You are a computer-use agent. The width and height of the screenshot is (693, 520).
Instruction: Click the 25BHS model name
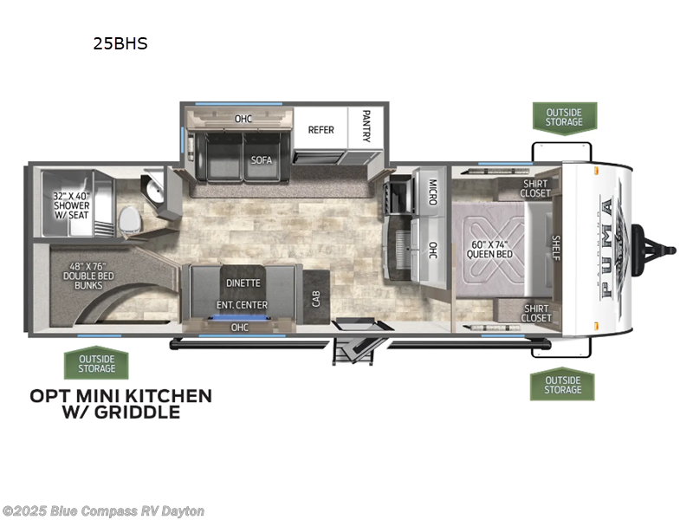pyautogui.click(x=120, y=43)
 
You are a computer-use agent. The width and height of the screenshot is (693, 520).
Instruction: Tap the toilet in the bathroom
pyautogui.click(x=129, y=220)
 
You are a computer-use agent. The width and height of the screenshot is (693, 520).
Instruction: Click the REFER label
pyautogui.click(x=321, y=130)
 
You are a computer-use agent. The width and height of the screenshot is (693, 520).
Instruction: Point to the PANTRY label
pyautogui.click(x=366, y=126)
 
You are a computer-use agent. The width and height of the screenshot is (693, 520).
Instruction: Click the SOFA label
pyautogui.click(x=262, y=159)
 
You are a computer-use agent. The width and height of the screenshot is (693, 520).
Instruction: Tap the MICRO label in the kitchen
pyautogui.click(x=432, y=192)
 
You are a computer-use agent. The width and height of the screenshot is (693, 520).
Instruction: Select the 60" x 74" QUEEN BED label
pyautogui.click(x=489, y=250)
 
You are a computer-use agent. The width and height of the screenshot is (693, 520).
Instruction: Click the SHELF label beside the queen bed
pyautogui.click(x=556, y=248)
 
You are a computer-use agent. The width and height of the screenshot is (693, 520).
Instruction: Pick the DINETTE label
pyautogui.click(x=243, y=283)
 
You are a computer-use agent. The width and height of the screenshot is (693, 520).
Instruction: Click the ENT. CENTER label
pyautogui.click(x=242, y=305)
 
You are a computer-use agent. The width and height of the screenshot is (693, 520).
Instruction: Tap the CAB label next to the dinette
pyautogui.click(x=316, y=298)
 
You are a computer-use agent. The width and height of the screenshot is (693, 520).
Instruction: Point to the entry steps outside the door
pyautogui.click(x=353, y=351)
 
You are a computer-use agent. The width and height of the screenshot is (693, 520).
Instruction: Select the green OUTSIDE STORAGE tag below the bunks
pyautogui.click(x=96, y=363)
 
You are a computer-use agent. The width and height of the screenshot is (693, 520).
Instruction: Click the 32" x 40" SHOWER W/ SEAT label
pyautogui.click(x=72, y=205)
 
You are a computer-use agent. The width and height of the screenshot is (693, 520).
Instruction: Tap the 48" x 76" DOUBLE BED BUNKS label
pyautogui.click(x=88, y=276)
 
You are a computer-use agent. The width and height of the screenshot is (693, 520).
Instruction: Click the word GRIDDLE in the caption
pyautogui.click(x=138, y=413)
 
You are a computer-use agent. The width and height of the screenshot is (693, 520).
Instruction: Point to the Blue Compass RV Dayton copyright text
pyautogui.click(x=102, y=511)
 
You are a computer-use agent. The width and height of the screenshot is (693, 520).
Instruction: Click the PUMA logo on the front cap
pyautogui.click(x=608, y=248)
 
